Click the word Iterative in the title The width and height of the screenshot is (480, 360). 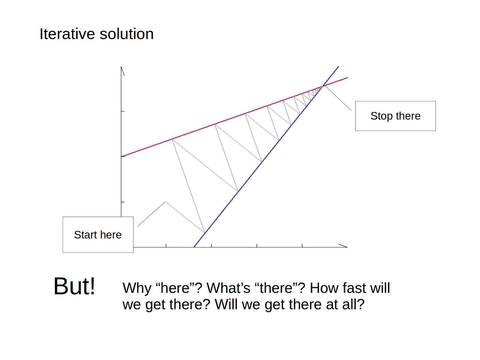pos(67,34)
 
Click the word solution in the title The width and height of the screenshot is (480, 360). pos(127,34)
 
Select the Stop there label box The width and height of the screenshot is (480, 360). pos(395,116)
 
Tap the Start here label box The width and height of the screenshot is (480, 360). pos(98,235)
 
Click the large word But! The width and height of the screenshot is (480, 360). pos(74,286)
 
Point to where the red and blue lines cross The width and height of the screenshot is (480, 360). pos(323,86)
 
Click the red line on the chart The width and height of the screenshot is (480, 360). pos(234,117)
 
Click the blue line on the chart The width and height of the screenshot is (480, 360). pos(266,157)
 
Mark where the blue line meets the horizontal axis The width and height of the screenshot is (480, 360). pos(194,247)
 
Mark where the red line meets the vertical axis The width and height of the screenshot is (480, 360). pos(121,157)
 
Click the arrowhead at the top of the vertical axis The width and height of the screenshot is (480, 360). pos(122,71)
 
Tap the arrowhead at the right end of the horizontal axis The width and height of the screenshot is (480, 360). pos(343,246)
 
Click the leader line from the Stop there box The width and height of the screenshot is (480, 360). pos(338,98)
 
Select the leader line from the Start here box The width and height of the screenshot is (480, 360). pos(151,214)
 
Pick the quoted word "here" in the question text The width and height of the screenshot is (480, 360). pos(177,288)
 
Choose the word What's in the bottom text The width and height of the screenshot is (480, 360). pos(228,288)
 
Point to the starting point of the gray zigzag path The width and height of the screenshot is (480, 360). pos(166,202)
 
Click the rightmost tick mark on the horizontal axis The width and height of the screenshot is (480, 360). pos(302,246)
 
